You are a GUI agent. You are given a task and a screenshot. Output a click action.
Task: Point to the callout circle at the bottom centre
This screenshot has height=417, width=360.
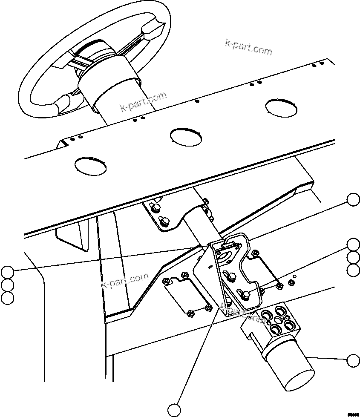[x=174, y=410]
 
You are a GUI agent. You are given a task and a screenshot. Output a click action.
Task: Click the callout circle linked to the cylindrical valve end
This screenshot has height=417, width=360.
[x=353, y=360]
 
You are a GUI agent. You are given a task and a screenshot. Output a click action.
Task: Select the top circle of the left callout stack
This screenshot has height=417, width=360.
[x=7, y=271]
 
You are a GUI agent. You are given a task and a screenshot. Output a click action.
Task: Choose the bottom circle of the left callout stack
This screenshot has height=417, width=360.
[x=7, y=298]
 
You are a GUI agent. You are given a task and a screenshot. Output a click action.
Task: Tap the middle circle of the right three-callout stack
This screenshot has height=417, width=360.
[x=353, y=257]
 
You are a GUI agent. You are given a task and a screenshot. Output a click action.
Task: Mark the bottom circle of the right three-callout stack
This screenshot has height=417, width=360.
[x=353, y=270]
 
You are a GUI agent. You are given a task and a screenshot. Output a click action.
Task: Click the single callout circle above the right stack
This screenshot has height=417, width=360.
[x=353, y=199]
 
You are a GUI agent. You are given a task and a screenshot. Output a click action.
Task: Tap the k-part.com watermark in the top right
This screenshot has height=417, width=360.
[x=248, y=48]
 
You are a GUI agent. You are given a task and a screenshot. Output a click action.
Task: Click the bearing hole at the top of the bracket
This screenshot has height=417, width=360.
[x=222, y=256]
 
